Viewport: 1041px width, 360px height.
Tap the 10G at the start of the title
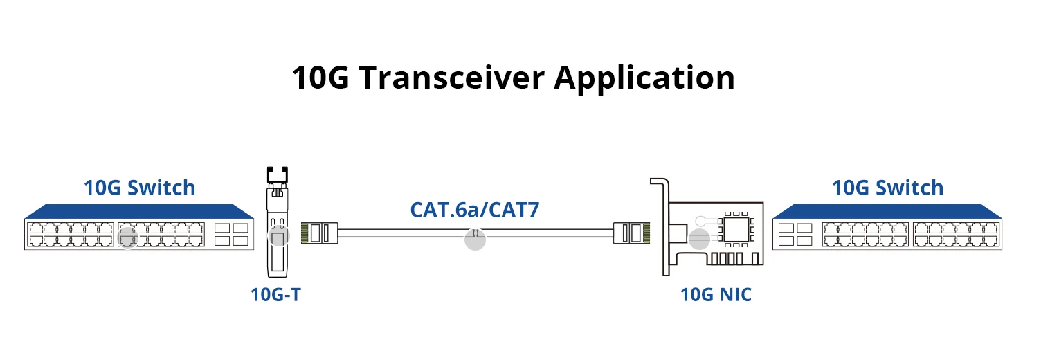(320, 78)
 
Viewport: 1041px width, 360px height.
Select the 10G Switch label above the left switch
(139, 188)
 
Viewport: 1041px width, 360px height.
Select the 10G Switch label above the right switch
(887, 188)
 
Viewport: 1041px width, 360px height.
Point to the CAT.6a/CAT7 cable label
(475, 209)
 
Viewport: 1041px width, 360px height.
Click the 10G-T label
(275, 294)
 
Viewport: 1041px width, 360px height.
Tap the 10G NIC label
(716, 294)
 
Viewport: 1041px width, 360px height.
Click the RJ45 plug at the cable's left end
(319, 233)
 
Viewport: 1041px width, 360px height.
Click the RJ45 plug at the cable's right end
(631, 233)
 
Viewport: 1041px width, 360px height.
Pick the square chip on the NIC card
(736, 229)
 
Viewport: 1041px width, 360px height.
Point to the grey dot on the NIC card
(699, 240)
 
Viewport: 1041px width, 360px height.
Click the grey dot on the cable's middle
(475, 240)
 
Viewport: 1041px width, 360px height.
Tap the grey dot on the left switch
(128, 238)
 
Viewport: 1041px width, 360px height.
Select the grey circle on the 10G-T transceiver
(278, 236)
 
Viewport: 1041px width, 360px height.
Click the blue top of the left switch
(139, 212)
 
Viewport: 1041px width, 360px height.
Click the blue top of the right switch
(887, 212)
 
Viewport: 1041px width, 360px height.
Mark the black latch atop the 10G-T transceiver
(278, 174)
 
